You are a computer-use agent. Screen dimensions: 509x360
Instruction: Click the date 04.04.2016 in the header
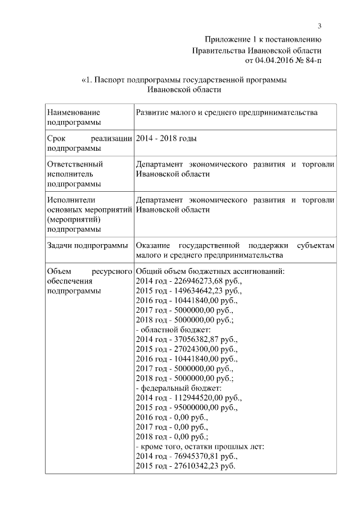coord(263,60)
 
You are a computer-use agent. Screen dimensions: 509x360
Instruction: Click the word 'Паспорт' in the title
coord(110,80)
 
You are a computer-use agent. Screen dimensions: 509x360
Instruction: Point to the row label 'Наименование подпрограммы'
coord(74,117)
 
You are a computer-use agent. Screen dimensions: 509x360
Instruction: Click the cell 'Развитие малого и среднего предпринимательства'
coord(227,112)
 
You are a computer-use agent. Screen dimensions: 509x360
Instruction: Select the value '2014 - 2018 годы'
coord(166,138)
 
